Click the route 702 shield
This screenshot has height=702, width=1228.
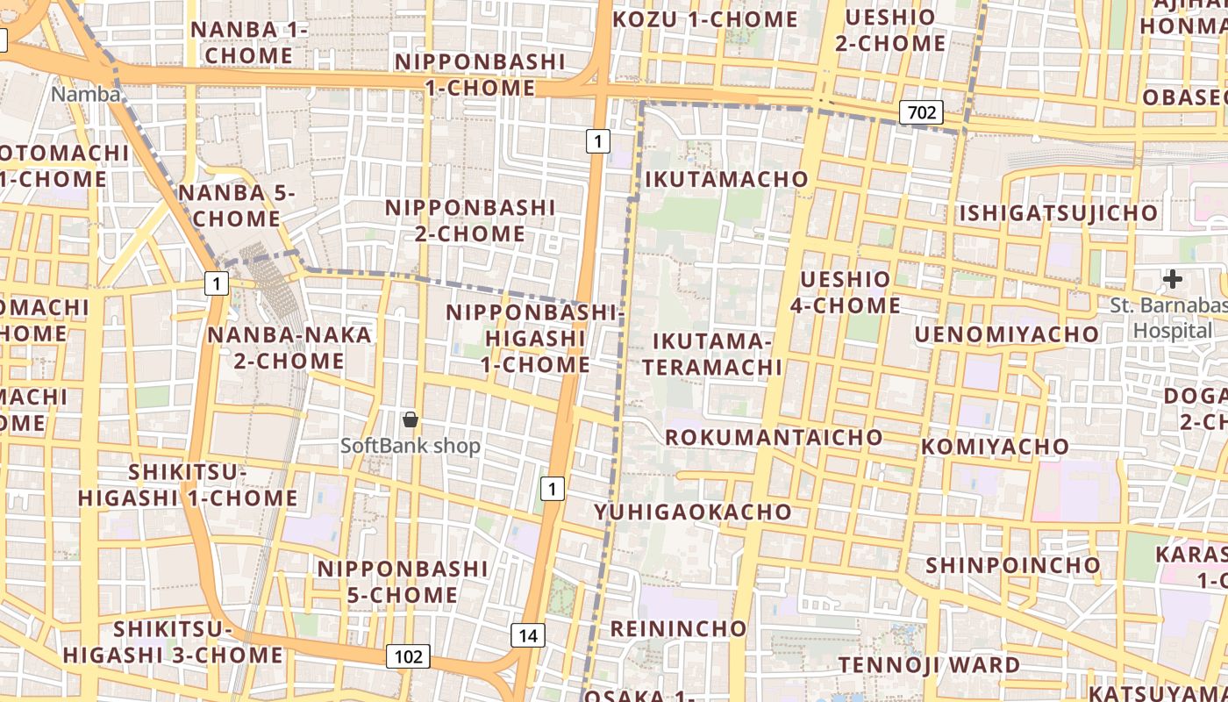[x=920, y=111]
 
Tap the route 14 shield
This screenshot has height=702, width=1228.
[x=527, y=635]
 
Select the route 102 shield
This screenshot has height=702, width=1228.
[x=408, y=655]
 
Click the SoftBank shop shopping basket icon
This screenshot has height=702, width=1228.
[x=410, y=419]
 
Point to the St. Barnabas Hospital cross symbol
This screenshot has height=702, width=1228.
[x=1172, y=280]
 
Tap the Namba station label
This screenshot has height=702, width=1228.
[x=85, y=94]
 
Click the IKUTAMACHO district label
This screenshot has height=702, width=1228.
[x=726, y=179]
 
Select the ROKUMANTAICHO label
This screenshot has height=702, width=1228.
[x=774, y=437]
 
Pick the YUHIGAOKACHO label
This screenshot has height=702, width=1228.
[x=693, y=512]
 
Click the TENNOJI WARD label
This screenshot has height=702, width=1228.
[x=930, y=665]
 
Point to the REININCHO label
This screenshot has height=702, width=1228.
[x=678, y=628]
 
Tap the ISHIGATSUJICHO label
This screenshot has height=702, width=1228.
[x=1058, y=213]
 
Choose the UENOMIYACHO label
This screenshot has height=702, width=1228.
[x=1006, y=334]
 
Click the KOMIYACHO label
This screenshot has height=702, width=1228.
[x=995, y=447]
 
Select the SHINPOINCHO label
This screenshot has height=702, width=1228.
[x=1012, y=565]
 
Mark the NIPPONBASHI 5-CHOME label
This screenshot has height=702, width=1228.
[x=402, y=582]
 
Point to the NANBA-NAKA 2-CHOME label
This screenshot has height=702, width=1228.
[x=289, y=347]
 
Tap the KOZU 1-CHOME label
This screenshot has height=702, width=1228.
[x=705, y=19]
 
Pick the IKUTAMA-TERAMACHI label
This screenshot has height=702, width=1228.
[x=711, y=354]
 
